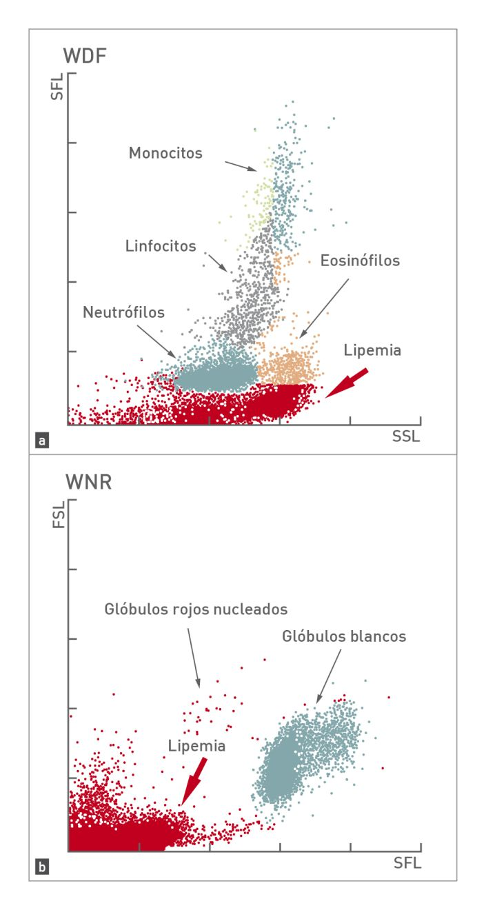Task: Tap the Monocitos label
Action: (x=165, y=152)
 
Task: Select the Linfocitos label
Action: (x=161, y=245)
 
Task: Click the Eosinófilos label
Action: (x=361, y=261)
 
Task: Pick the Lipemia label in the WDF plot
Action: (x=373, y=350)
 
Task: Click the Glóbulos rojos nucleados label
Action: (x=196, y=609)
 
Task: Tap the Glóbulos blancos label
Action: (x=345, y=636)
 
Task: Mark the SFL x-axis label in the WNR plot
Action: (x=406, y=862)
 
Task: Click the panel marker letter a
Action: (x=43, y=438)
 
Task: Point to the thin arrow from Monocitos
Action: (x=241, y=165)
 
